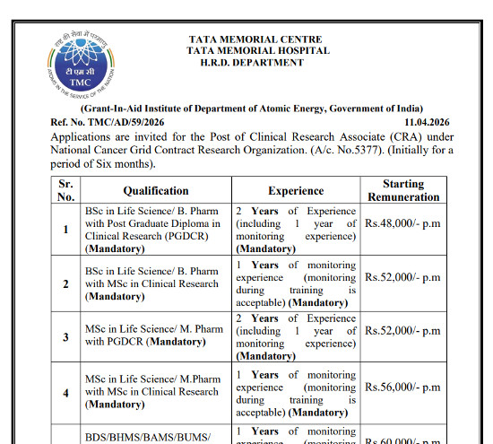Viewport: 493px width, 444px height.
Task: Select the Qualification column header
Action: point(156,191)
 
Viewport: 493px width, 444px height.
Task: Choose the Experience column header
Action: point(296,191)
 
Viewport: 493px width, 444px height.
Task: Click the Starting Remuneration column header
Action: point(403,190)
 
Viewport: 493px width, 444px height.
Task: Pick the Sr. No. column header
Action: point(65,190)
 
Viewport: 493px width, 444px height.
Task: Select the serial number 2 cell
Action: point(65,284)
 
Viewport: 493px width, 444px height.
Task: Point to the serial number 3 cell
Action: point(65,337)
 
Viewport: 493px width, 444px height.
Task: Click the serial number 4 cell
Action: point(65,392)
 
